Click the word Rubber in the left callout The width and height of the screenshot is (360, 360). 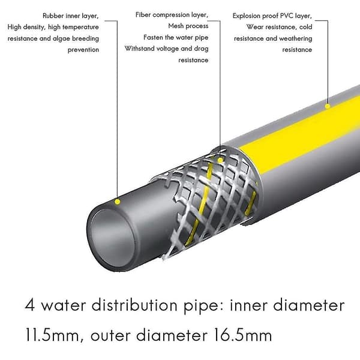53,16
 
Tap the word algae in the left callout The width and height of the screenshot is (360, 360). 61,38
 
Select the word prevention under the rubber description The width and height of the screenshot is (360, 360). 83,50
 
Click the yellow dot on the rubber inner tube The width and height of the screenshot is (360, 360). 118,202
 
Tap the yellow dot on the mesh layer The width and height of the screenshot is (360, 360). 220,160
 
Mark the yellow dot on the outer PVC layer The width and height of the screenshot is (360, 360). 328,106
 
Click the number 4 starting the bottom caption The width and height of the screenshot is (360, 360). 30,305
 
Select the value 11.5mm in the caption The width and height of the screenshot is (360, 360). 53,335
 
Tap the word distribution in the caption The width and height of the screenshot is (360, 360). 134,305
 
